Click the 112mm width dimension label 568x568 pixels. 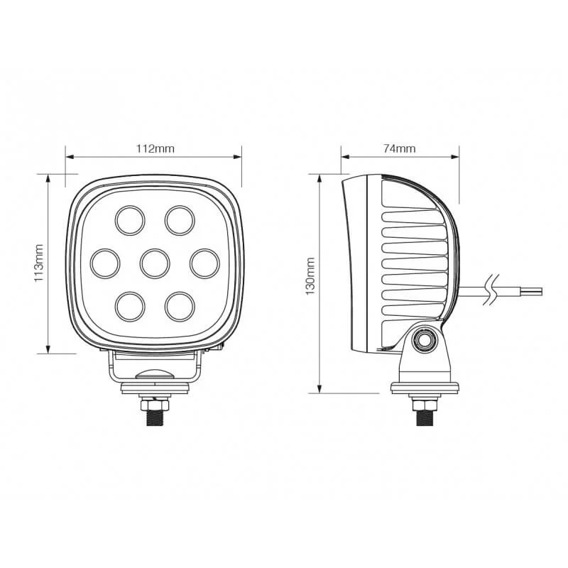point(155,148)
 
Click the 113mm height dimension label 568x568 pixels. point(39,263)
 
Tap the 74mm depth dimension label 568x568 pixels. point(399,148)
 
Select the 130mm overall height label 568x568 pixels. point(310,276)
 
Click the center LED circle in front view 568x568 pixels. point(155,263)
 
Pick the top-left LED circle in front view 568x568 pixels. point(130,220)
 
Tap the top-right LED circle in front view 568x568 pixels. point(180,220)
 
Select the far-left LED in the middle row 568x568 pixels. point(105,263)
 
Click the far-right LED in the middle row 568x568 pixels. point(204,263)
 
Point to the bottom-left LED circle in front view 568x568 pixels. point(130,307)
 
